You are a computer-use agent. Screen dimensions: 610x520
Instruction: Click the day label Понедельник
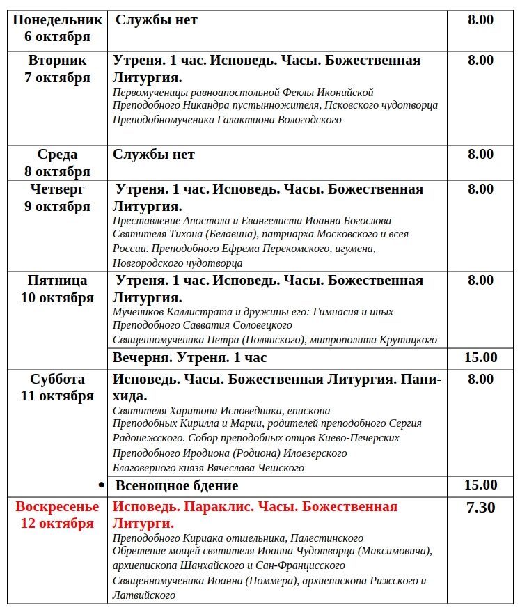point(57,20)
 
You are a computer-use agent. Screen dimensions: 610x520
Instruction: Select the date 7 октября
point(57,77)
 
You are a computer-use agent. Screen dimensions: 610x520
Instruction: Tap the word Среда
point(57,155)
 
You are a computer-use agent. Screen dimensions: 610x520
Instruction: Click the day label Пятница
point(57,281)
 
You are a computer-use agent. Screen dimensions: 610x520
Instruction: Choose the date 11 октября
point(57,396)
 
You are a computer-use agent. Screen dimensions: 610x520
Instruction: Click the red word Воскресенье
point(57,506)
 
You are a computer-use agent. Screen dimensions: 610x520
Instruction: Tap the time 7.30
point(480,507)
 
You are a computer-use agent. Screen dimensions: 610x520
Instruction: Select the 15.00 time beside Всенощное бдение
point(480,485)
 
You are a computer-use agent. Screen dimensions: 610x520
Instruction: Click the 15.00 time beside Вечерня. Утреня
point(480,357)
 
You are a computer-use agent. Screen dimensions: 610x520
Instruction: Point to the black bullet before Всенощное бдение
point(102,485)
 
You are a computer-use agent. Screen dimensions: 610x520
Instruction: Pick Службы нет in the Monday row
point(156,20)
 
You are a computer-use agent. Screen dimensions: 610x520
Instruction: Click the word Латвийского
point(144,595)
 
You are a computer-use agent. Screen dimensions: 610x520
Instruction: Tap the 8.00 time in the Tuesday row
point(480,60)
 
